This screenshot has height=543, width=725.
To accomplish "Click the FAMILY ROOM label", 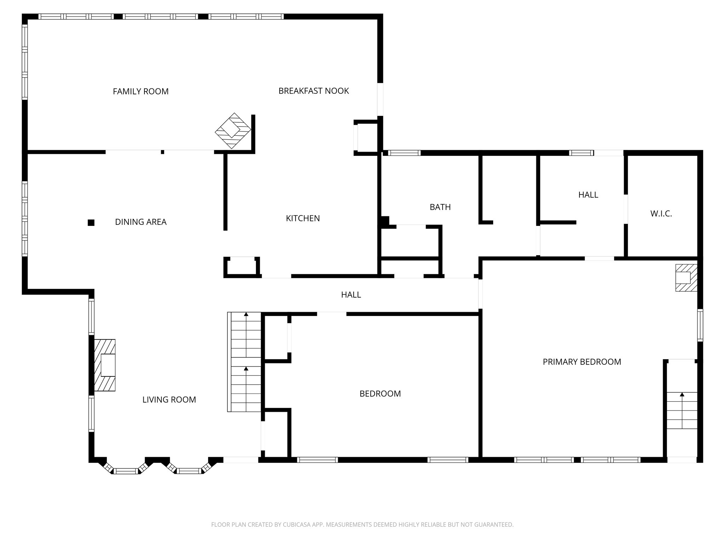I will pyautogui.click(x=141, y=92).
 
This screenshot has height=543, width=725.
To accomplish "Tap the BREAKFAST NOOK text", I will pyautogui.click(x=314, y=91).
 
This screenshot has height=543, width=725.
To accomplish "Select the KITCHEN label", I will pyautogui.click(x=303, y=218).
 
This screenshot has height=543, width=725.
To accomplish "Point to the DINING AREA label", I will pyautogui.click(x=141, y=222).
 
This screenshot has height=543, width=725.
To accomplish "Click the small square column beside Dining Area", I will pyautogui.click(x=91, y=223).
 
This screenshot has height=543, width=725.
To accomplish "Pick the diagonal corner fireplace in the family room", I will pyautogui.click(x=233, y=131).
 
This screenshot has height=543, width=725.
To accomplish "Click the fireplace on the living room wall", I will pyautogui.click(x=105, y=365).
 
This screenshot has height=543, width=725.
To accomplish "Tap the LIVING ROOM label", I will pyautogui.click(x=169, y=400).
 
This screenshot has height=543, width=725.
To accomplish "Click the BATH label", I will pyautogui.click(x=440, y=207).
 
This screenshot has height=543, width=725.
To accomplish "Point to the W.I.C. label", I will pyautogui.click(x=661, y=214).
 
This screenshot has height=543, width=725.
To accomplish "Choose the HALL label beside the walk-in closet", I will pyautogui.click(x=588, y=195).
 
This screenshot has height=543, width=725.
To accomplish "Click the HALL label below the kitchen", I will pyautogui.click(x=351, y=295).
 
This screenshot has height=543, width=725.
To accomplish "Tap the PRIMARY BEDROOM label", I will pyautogui.click(x=582, y=362).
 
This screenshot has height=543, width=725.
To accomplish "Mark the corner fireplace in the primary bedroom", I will pyautogui.click(x=686, y=278).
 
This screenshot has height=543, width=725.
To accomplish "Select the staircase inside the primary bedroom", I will pyautogui.click(x=682, y=410).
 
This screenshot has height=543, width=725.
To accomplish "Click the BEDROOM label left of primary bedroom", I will pyautogui.click(x=380, y=394).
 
